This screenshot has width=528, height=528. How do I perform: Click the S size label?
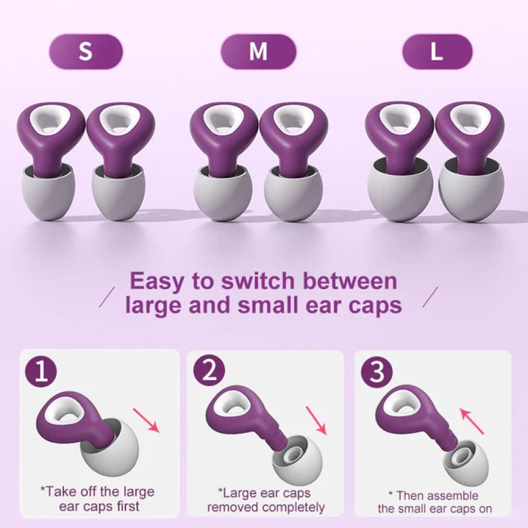point(85,51)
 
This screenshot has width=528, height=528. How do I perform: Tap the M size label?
point(258,51)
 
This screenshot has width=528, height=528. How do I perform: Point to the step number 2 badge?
point(208,371)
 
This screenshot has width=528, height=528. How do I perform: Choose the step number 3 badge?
point(376,371)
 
